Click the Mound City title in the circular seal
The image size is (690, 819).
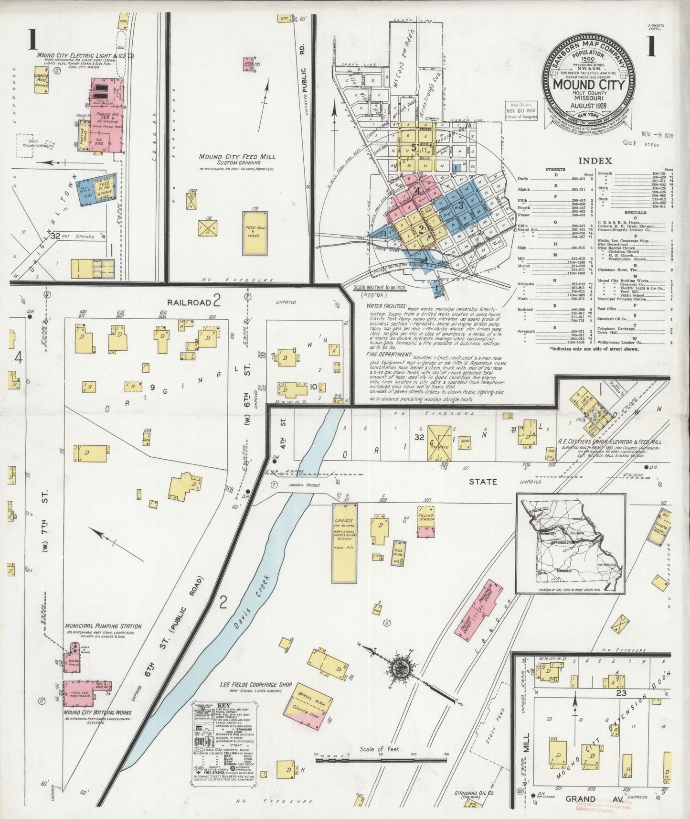pos(588,85)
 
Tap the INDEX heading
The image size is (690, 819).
pos(594,161)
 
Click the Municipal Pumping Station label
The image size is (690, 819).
pos(103,626)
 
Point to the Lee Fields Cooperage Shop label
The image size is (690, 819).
pos(255,685)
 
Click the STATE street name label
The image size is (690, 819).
pos(482,482)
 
